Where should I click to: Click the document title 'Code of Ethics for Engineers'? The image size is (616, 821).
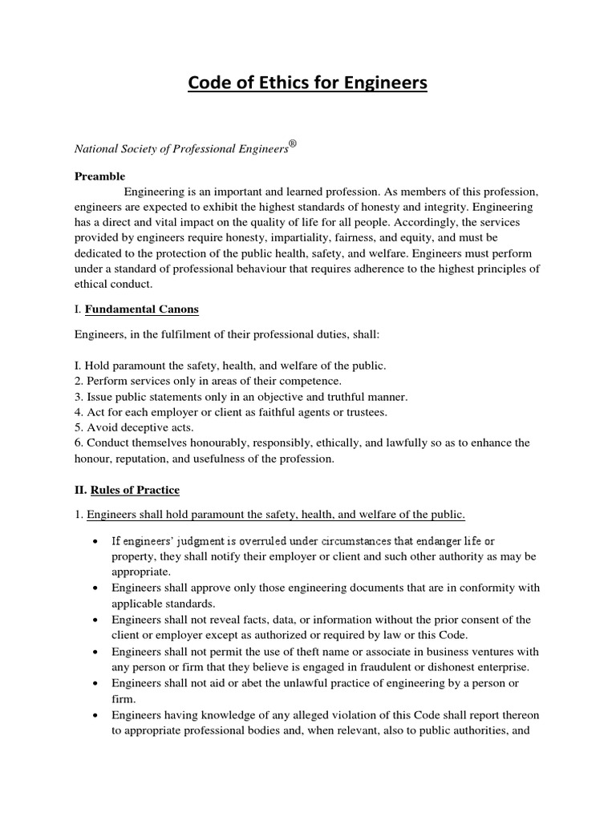click(x=307, y=83)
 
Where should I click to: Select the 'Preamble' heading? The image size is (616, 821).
click(x=99, y=176)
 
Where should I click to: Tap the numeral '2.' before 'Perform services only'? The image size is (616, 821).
click(x=79, y=381)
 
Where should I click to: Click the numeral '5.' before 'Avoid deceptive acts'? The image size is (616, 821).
click(x=79, y=427)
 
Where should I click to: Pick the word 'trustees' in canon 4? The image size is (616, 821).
click(x=365, y=412)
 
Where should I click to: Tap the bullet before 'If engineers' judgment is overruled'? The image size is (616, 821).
click(x=96, y=542)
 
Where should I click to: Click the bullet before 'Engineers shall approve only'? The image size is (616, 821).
click(x=96, y=588)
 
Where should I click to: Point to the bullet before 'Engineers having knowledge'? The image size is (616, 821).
click(x=96, y=714)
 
